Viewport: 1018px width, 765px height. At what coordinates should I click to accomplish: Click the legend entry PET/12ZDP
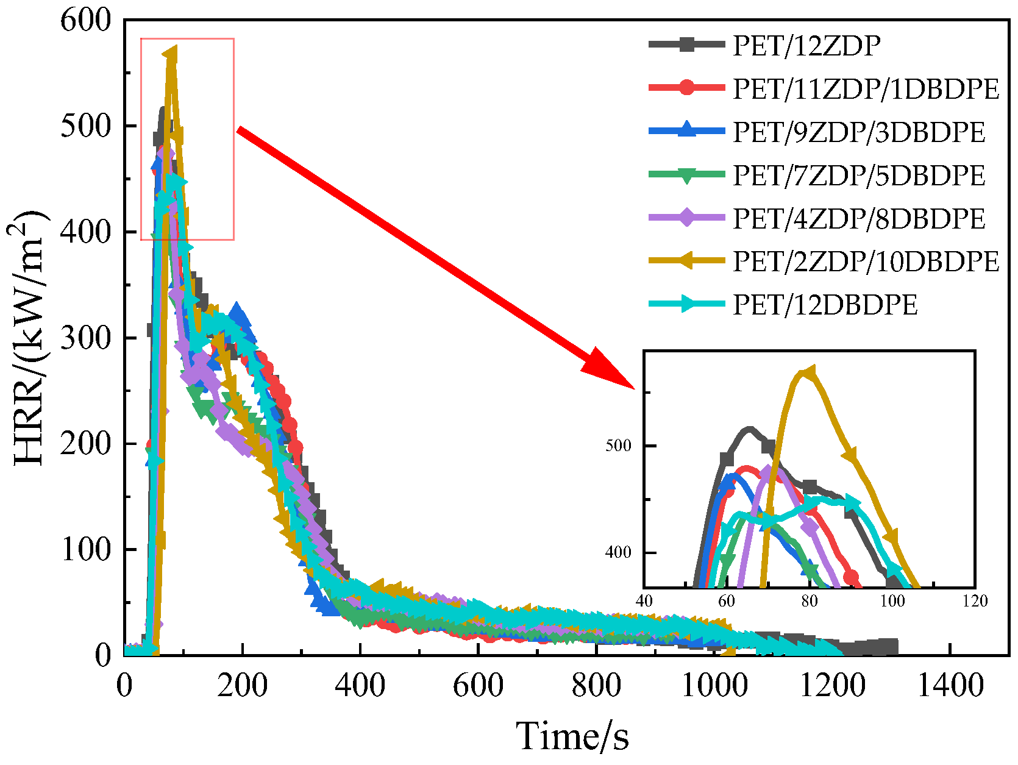806,46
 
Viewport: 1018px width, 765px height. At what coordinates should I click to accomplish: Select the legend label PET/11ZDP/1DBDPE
866,89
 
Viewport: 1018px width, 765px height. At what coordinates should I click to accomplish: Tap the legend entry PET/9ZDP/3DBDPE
858,132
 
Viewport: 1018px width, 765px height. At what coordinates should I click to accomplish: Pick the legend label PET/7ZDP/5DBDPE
858,176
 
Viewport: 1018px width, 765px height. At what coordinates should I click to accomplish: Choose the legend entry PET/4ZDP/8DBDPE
858,219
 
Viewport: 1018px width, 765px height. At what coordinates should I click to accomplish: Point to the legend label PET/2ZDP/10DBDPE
866,262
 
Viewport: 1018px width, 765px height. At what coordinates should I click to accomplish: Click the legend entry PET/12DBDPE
824,305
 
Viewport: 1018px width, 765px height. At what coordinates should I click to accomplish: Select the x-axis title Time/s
572,736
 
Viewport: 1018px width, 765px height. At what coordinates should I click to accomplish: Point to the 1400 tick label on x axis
950,686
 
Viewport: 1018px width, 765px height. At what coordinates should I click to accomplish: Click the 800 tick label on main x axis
596,686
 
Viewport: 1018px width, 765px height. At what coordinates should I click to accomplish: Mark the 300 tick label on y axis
86,338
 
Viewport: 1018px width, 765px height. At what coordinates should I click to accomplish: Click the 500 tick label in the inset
618,446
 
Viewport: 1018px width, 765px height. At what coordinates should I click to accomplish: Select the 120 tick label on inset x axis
975,601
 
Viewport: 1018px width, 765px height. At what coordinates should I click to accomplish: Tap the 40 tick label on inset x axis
644,601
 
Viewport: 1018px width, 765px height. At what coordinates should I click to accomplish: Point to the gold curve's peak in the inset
808,372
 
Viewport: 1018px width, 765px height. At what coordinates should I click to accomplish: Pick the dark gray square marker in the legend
687,44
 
